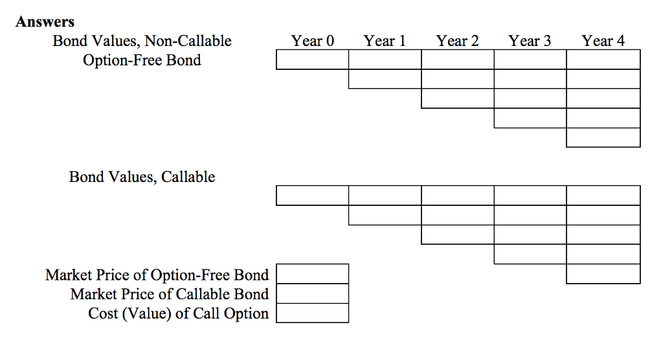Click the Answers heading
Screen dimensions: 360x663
[x=45, y=22]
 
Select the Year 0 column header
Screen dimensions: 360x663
[x=312, y=41]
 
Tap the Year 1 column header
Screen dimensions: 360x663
[x=385, y=41]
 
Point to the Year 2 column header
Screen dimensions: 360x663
[x=457, y=41]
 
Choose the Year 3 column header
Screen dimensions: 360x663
[x=530, y=41]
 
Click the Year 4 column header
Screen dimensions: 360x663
[x=603, y=41]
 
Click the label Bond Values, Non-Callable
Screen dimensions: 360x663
[x=142, y=41]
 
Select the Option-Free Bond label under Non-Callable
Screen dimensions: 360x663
[x=142, y=61]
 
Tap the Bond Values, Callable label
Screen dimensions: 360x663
[x=142, y=177]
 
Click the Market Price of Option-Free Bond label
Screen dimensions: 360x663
[x=157, y=275]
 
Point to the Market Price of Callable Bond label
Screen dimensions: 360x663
[x=169, y=294]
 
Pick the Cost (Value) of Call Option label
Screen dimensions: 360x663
[x=178, y=313]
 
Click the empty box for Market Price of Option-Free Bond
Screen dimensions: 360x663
[x=312, y=274]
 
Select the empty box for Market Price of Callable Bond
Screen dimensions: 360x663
[x=312, y=293]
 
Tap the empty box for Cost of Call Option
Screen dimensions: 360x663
[x=312, y=313]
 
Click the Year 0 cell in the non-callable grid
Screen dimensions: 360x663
[x=312, y=60]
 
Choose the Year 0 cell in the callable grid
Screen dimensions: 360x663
[x=312, y=196]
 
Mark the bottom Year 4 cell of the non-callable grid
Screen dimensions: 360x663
[x=603, y=137]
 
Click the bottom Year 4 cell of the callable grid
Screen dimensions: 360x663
[x=603, y=274]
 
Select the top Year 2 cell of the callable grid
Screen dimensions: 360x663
[x=457, y=196]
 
